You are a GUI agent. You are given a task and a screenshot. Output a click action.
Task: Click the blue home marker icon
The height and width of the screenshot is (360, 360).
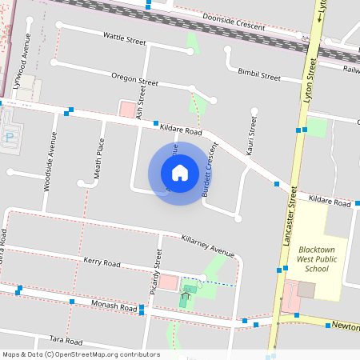(179, 172)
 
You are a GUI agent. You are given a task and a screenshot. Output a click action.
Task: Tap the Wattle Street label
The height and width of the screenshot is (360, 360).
(124, 38)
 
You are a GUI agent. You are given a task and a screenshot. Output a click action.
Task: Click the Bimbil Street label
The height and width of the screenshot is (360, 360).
(258, 74)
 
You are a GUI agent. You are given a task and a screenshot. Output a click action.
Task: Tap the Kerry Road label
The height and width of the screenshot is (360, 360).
(102, 262)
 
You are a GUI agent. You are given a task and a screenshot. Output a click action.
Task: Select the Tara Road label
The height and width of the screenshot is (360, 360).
(66, 340)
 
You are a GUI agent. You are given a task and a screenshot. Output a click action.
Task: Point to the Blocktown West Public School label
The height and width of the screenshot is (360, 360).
(318, 258)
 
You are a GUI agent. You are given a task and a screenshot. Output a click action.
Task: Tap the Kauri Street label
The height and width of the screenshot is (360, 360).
(252, 136)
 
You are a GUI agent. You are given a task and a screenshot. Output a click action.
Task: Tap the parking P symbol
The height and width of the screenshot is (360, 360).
(9, 137)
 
